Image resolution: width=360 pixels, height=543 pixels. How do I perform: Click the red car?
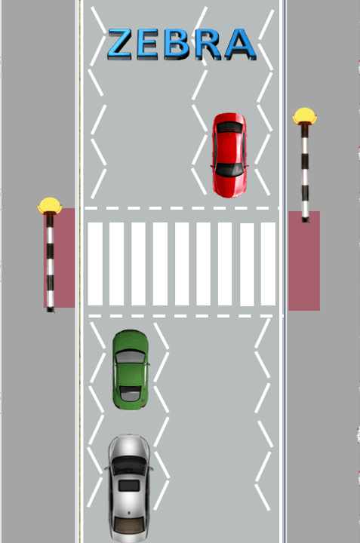[229, 155]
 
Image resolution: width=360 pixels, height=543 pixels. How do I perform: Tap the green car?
[131, 370]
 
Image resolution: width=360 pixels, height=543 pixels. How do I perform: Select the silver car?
[129, 488]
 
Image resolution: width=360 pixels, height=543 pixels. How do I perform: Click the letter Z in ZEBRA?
[119, 44]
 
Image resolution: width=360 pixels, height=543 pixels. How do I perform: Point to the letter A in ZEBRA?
[241, 44]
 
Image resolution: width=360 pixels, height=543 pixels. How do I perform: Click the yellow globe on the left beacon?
[50, 205]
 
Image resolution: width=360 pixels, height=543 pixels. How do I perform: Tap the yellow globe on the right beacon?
[304, 115]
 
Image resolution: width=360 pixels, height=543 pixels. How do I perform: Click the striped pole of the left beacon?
[51, 262]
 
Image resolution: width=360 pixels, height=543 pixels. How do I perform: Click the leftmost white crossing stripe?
[95, 264]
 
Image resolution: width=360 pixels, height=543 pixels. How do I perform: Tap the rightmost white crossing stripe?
[268, 264]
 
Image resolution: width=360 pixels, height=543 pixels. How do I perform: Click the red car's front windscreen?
[229, 170]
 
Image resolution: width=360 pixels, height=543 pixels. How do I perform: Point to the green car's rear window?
[130, 394]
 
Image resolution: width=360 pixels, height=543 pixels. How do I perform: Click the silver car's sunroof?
[129, 486]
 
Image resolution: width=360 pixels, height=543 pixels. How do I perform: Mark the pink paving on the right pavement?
[304, 261]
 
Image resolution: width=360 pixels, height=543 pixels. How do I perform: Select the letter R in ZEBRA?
[208, 44]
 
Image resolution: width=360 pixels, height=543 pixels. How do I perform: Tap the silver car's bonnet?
[129, 446]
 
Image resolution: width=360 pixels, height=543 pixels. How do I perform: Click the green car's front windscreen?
[131, 357]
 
